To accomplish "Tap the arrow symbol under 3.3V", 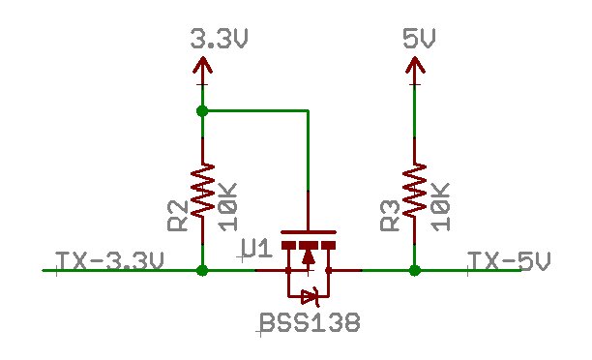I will (x=202, y=66).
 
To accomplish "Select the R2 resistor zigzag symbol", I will (x=202, y=190).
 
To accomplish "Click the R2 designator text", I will (x=178, y=216).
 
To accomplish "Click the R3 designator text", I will (x=390, y=216).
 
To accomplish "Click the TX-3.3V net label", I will (x=109, y=261).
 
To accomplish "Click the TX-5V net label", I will (x=509, y=261).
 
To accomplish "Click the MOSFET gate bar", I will (x=309, y=232).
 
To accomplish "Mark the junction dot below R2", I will (x=202, y=271).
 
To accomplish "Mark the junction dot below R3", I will (x=414, y=271).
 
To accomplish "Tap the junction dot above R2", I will (x=202, y=111).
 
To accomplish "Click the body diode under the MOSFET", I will (x=309, y=295).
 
